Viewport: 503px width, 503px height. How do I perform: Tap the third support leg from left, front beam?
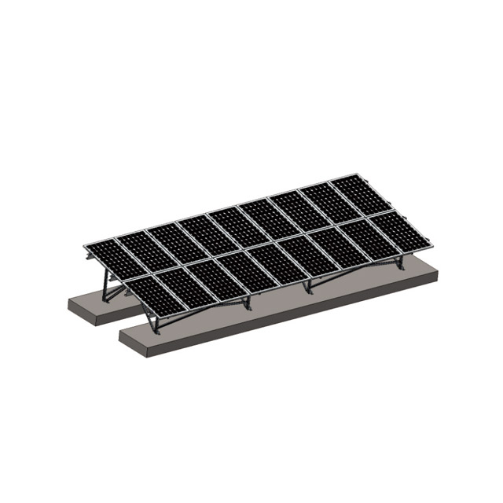(x=308, y=286)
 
